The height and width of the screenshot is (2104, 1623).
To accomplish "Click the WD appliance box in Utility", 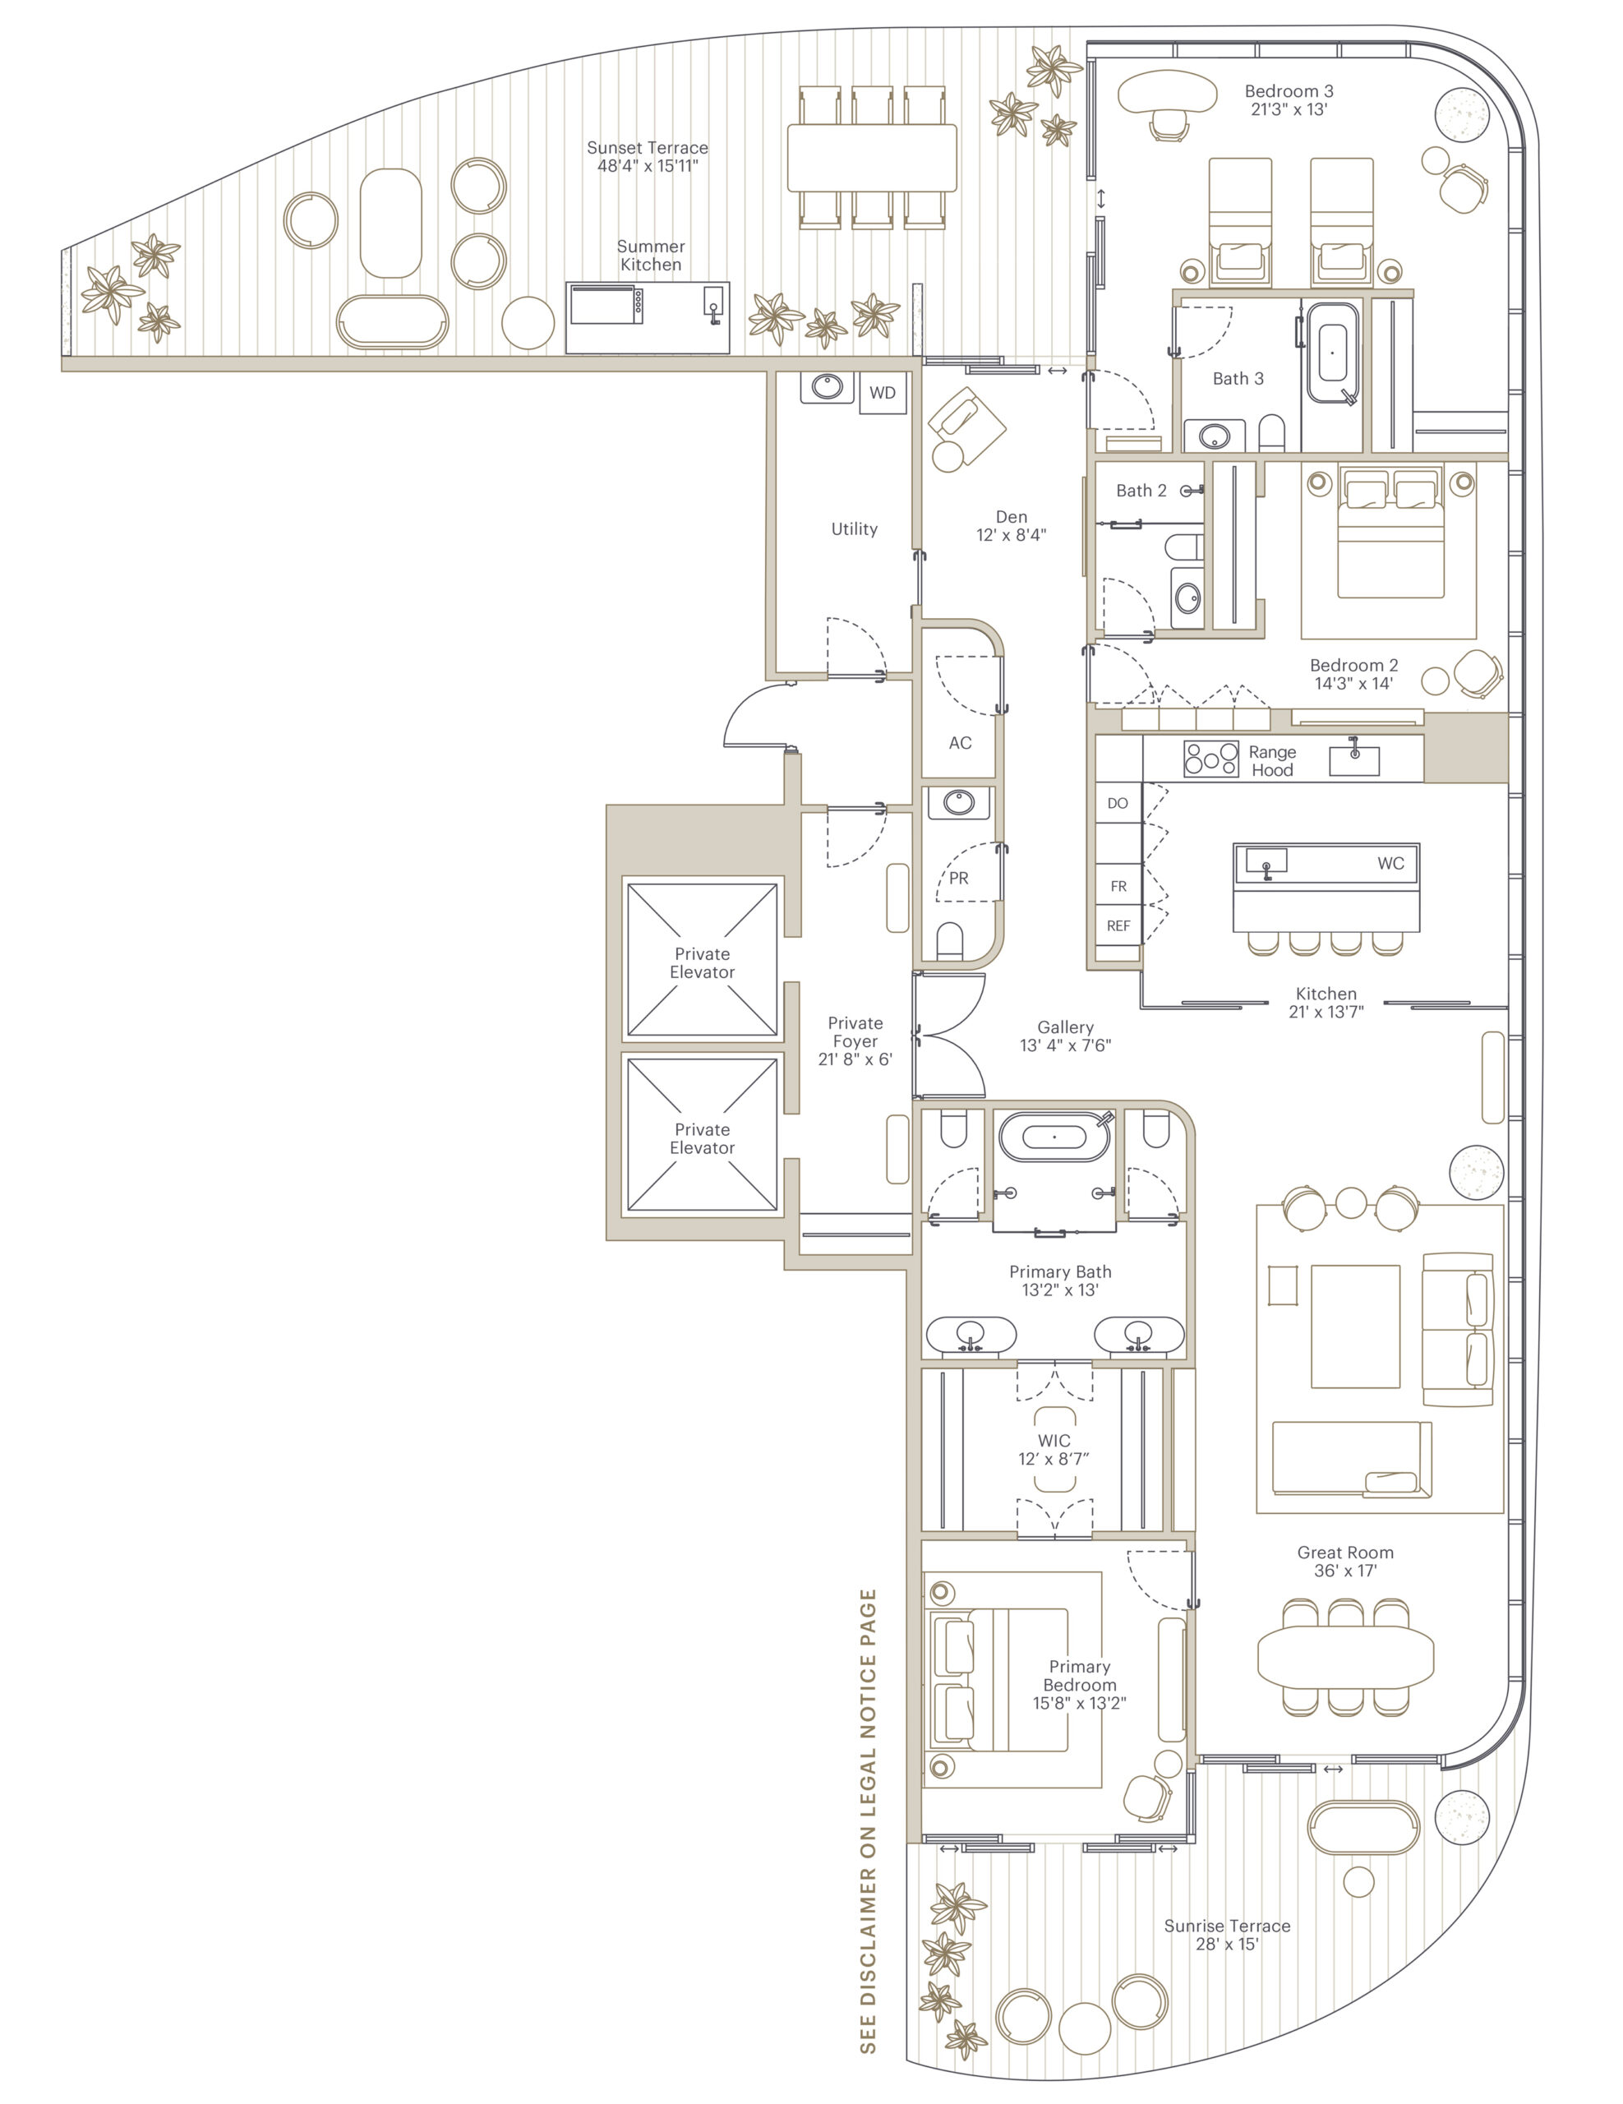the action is [x=883, y=392].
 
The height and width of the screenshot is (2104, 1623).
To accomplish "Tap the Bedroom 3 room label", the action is [x=1289, y=91].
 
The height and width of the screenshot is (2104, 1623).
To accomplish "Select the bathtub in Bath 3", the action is [x=1332, y=353].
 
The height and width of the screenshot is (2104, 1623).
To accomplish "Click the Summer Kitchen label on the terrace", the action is [x=650, y=256].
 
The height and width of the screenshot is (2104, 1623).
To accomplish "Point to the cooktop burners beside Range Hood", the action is [x=1210, y=758].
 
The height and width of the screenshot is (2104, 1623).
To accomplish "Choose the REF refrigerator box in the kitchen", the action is [x=1118, y=925].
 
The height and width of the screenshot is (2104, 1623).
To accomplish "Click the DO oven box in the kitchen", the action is [x=1118, y=804].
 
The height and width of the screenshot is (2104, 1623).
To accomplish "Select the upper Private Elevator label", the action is [x=702, y=963].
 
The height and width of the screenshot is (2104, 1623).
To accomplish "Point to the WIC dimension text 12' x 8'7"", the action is [x=1054, y=1459].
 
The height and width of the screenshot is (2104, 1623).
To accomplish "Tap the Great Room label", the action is [x=1344, y=1552].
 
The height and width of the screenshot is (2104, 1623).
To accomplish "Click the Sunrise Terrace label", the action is [x=1227, y=1926].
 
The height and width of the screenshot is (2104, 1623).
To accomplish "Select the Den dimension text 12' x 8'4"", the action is [x=1012, y=535].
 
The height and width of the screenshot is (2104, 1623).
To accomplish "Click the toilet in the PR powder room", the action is [x=950, y=940].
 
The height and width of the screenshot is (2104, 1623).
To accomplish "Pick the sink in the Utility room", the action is [x=827, y=387].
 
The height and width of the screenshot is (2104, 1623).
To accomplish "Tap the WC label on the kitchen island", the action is [x=1390, y=863].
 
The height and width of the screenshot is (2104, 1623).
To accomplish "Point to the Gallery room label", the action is [x=1065, y=1027].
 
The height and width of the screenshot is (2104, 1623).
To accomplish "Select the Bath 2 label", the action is [x=1141, y=491].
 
